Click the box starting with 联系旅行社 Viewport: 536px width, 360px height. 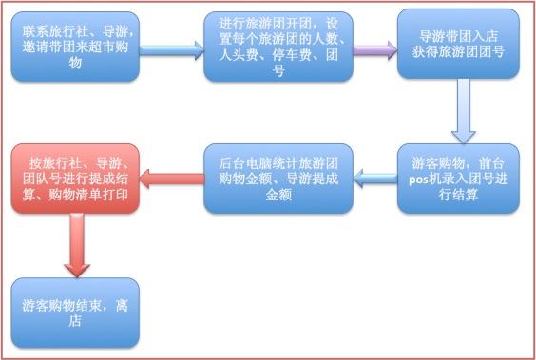[76, 45]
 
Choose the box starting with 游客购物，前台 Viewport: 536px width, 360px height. [460, 178]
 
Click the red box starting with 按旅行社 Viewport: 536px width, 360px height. [76, 178]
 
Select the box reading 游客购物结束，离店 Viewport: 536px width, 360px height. [76, 313]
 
